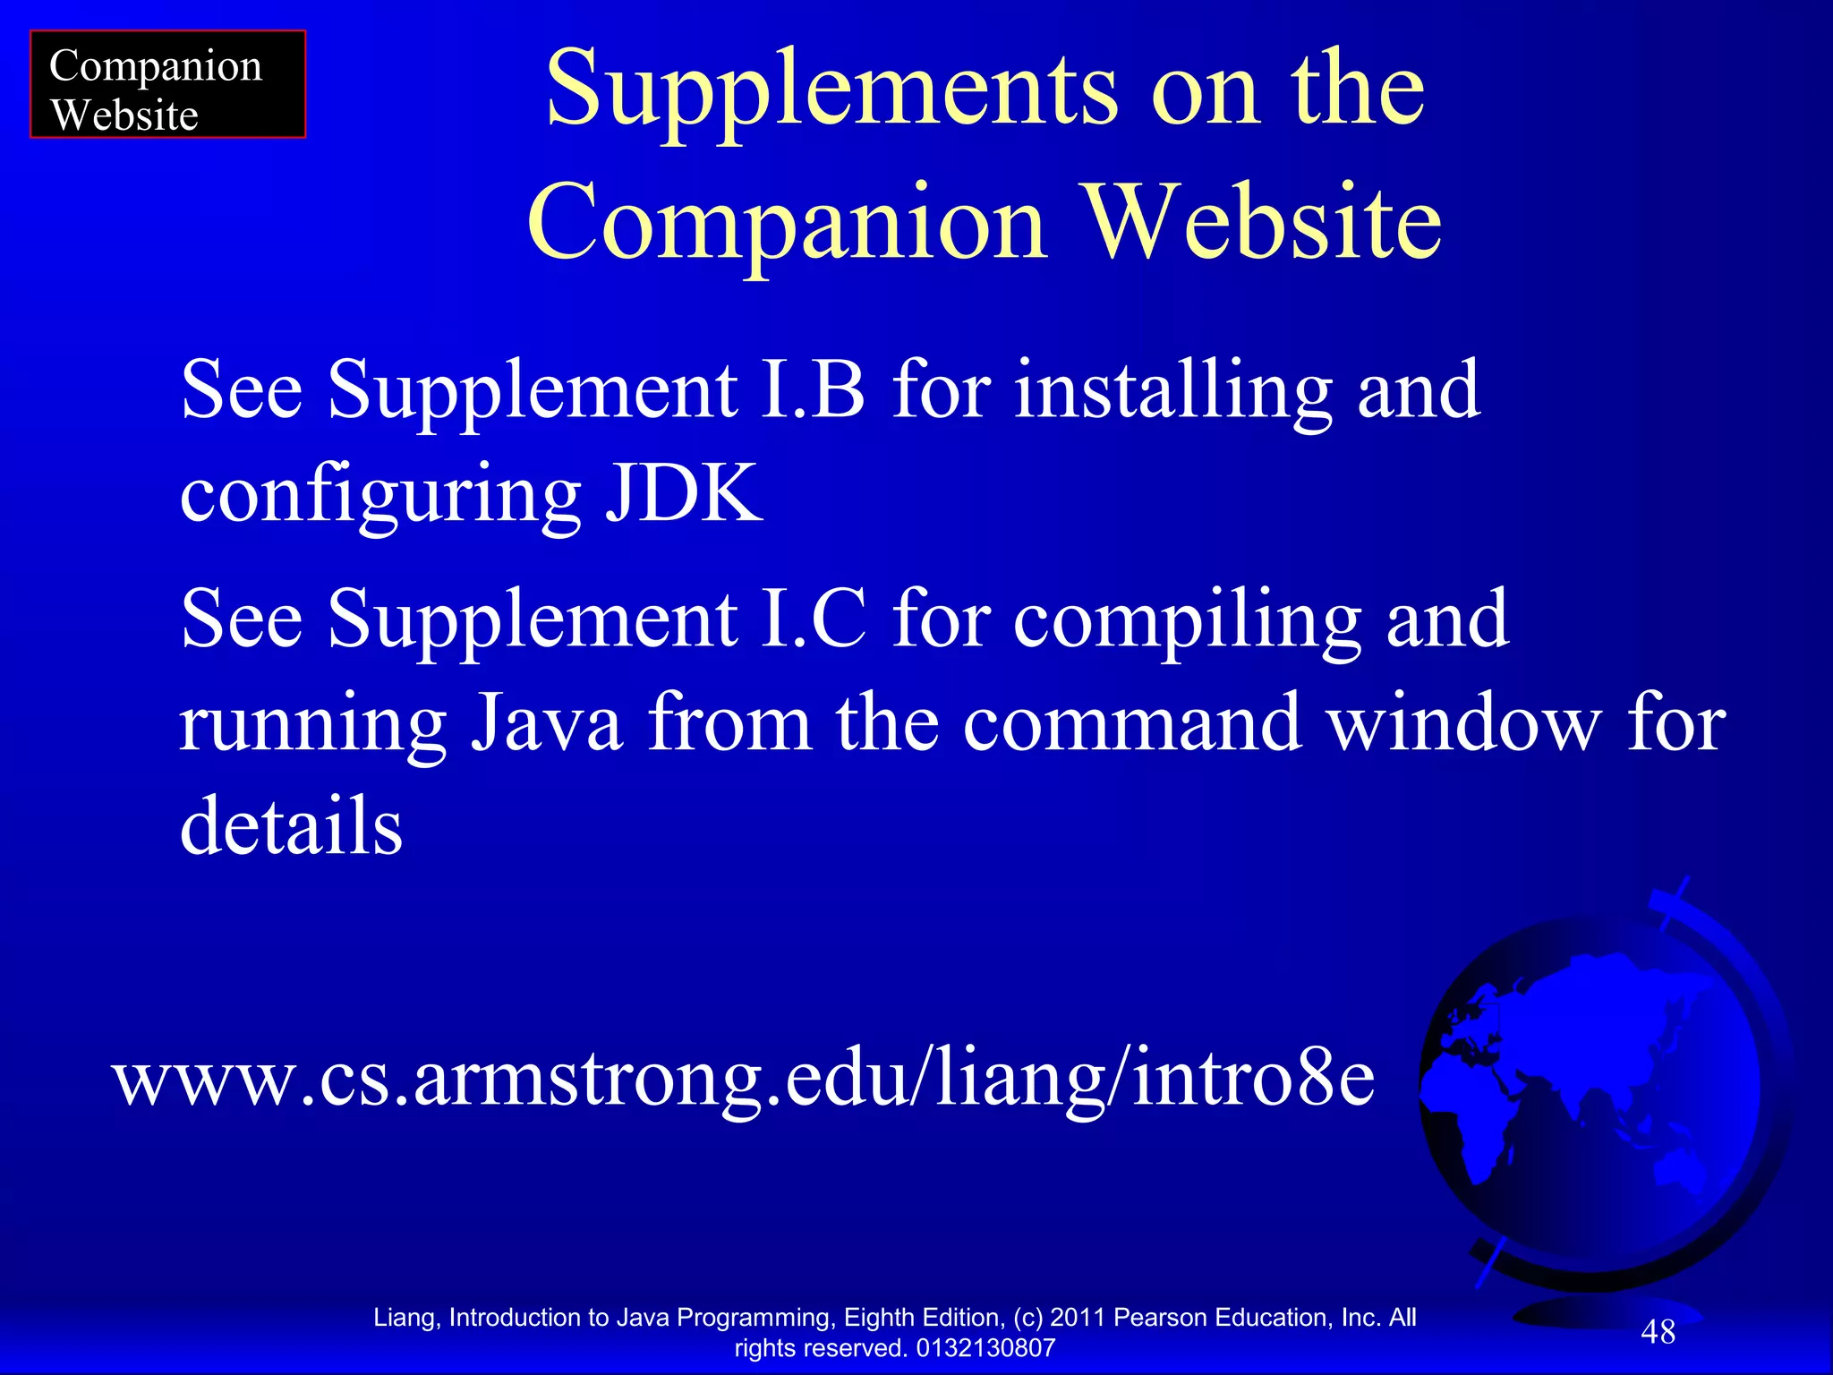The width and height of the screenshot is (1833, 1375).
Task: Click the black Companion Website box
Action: tap(167, 85)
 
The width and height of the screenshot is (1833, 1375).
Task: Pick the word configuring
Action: tap(380, 495)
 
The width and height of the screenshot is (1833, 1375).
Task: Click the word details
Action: tap(291, 824)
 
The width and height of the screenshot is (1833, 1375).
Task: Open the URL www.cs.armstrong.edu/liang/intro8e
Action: tap(743, 1079)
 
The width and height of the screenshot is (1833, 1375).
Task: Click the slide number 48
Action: tap(1658, 1332)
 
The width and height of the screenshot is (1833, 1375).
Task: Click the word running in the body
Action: tap(313, 723)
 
